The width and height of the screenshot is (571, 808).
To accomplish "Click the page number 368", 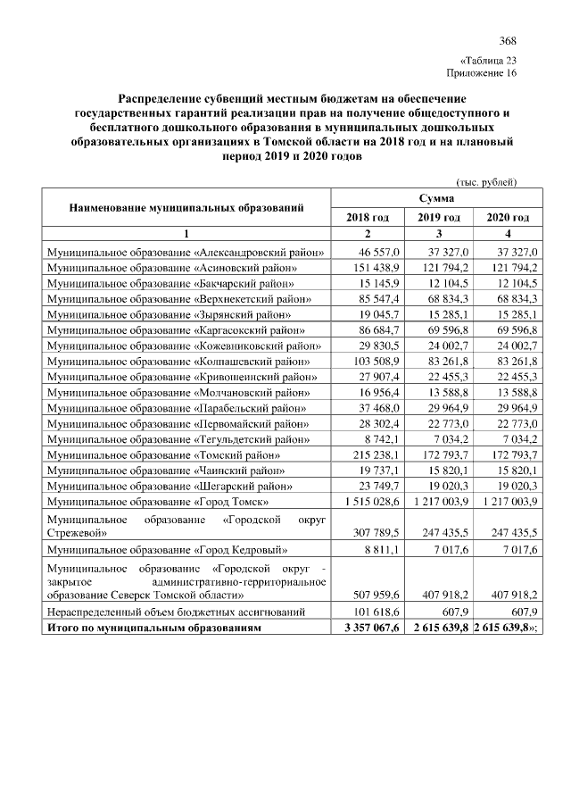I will click(508, 41).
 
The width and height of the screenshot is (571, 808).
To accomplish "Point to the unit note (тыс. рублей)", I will click(486, 182).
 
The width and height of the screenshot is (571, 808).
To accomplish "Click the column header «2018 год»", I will click(367, 217).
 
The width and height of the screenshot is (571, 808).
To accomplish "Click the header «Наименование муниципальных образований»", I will click(187, 207).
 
